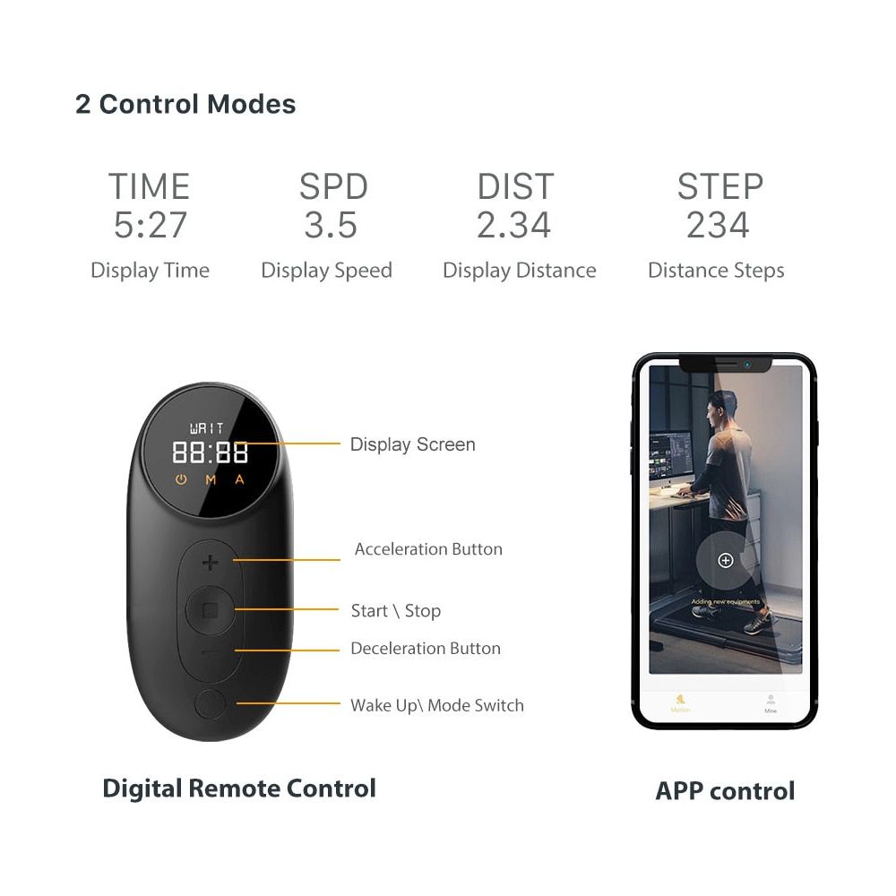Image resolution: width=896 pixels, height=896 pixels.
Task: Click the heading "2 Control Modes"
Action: click(185, 104)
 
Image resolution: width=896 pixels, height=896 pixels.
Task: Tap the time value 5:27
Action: click(150, 225)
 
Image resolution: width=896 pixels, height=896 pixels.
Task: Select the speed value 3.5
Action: click(331, 225)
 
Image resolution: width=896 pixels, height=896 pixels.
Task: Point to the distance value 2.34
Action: click(513, 225)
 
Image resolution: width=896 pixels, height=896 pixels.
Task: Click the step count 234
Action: click(718, 225)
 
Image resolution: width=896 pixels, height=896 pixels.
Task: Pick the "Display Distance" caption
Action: click(519, 271)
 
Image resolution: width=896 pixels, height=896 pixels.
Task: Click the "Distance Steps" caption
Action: click(716, 271)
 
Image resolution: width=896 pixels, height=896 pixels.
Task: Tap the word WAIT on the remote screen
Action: click(209, 429)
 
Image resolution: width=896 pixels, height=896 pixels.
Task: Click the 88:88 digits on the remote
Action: click(210, 452)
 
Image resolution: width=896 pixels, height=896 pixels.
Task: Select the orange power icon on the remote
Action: click(181, 479)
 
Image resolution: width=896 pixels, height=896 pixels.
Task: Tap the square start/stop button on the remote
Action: click(210, 610)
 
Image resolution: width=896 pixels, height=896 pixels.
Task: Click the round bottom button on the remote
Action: click(210, 703)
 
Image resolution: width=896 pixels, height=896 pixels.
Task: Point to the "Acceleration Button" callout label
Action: click(428, 549)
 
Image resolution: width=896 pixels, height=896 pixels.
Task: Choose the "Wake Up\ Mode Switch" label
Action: click(436, 705)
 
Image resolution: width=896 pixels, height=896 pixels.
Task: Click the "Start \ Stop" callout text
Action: click(395, 611)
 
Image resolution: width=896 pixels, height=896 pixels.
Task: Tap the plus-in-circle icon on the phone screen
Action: click(726, 560)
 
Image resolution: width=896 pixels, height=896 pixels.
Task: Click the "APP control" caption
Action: click(725, 791)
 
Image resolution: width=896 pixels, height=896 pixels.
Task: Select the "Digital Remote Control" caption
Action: click(239, 788)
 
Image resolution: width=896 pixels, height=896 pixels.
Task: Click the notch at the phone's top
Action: click(725, 365)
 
